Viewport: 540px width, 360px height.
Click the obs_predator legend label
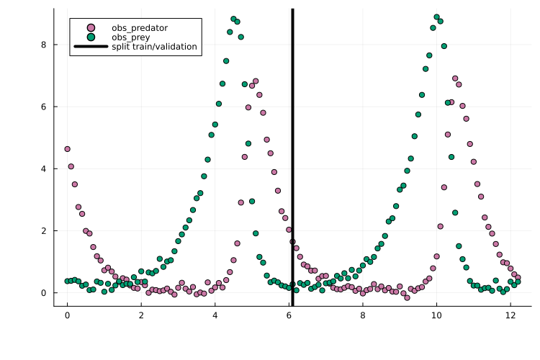(140, 27)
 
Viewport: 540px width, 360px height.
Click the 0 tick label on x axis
(67, 315)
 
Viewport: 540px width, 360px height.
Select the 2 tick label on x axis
(141, 315)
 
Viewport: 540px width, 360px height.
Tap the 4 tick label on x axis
(215, 315)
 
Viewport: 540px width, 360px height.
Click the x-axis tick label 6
(289, 315)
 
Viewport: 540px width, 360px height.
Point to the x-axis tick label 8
(362, 315)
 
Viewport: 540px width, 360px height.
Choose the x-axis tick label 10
(436, 315)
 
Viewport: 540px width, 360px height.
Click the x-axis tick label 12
(510, 315)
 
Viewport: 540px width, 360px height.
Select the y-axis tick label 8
(44, 45)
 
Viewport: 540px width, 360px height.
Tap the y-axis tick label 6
(44, 107)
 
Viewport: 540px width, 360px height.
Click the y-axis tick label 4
(44, 168)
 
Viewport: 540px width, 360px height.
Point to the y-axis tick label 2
(44, 230)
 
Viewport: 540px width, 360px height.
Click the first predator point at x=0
(67, 149)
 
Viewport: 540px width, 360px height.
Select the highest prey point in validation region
(436, 17)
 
